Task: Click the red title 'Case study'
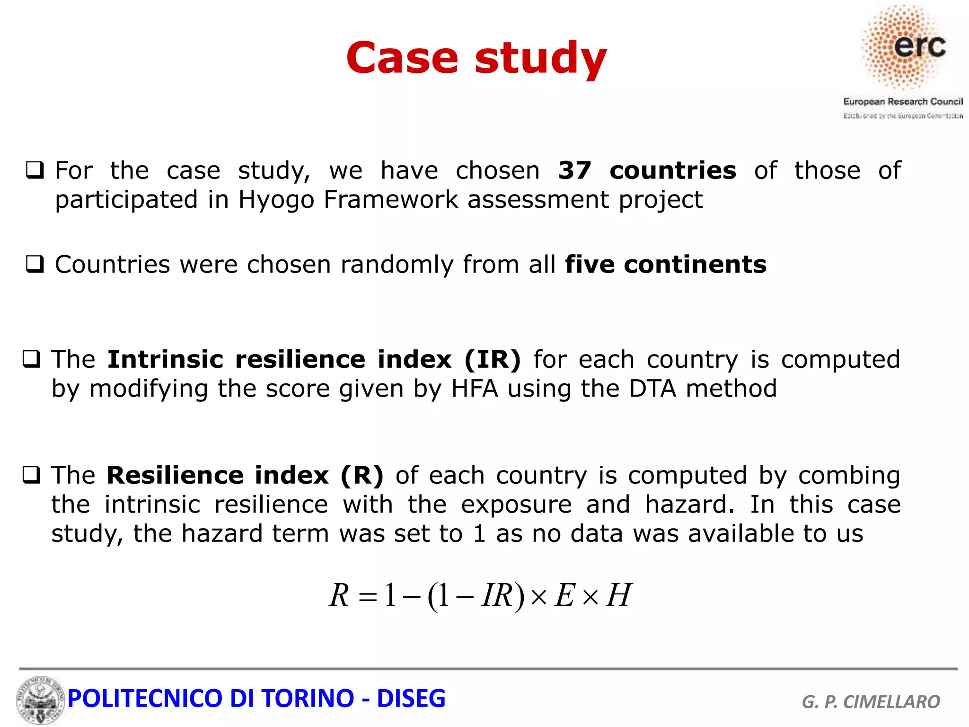click(x=476, y=58)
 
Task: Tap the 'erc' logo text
click(x=919, y=46)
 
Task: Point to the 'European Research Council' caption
click(x=902, y=102)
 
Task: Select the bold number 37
click(x=574, y=170)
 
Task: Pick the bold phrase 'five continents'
click(x=665, y=264)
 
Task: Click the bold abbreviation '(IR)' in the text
click(x=492, y=359)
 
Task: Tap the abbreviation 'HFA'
click(x=475, y=389)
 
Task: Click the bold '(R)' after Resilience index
click(x=362, y=475)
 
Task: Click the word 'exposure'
click(x=516, y=505)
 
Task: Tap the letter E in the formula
click(x=564, y=595)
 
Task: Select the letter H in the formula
click(x=618, y=595)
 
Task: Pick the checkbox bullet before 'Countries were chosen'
click(x=35, y=264)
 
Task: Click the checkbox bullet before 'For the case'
click(x=35, y=170)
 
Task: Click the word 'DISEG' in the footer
click(x=411, y=699)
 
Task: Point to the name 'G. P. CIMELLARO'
click(x=871, y=701)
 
